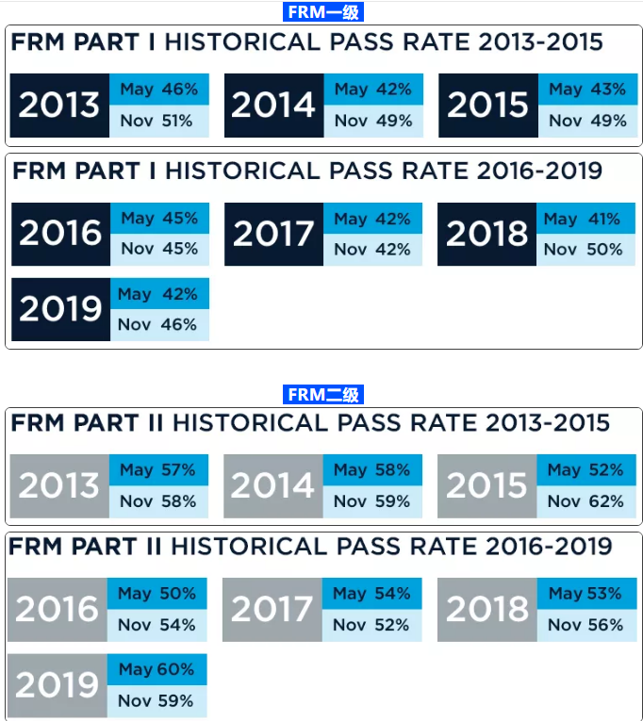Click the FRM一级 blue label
pyautogui.click(x=322, y=12)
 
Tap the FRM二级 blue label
pyautogui.click(x=322, y=395)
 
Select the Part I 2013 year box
pyautogui.click(x=59, y=105)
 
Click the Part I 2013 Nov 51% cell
pyautogui.click(x=158, y=121)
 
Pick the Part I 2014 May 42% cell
pyautogui.click(x=372, y=90)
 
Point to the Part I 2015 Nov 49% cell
pyautogui.click(x=586, y=121)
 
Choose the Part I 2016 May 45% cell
pyautogui.click(x=158, y=219)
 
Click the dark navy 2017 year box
pyautogui.click(x=273, y=234)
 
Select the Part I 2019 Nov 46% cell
pyautogui.click(x=158, y=325)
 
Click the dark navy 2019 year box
pyautogui.click(x=59, y=309)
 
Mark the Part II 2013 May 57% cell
pyautogui.click(x=157, y=470)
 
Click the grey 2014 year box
pyautogui.click(x=272, y=486)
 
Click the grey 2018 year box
pyautogui.click(x=486, y=610)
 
